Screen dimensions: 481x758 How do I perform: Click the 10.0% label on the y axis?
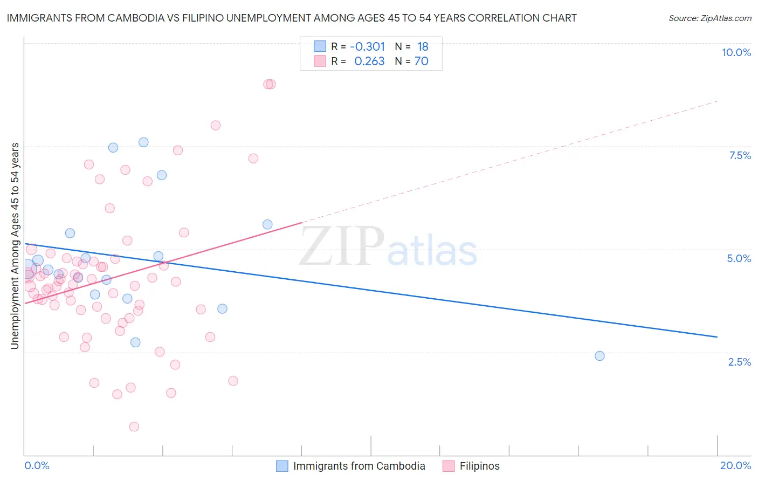click(x=736, y=52)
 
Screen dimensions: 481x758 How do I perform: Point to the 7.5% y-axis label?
click(x=740, y=155)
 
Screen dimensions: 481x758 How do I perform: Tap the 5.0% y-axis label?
click(x=739, y=258)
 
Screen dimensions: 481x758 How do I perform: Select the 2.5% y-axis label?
click(x=739, y=362)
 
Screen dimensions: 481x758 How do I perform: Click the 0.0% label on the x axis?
click(x=37, y=465)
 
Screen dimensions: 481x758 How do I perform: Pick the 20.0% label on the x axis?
click(x=735, y=465)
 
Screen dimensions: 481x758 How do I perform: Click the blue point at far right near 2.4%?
click(x=599, y=356)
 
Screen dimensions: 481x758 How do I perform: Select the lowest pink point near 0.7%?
click(x=134, y=427)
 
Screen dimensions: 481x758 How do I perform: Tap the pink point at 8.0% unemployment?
click(x=216, y=126)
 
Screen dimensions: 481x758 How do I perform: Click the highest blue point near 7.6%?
click(x=143, y=142)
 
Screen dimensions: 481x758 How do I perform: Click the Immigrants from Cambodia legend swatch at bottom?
click(x=282, y=466)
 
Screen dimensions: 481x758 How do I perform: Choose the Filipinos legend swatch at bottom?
click(x=449, y=466)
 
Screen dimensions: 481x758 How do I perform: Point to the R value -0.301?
click(x=367, y=47)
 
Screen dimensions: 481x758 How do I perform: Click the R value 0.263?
click(x=369, y=61)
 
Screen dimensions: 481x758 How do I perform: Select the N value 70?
click(x=421, y=61)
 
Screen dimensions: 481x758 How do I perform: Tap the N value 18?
click(x=423, y=47)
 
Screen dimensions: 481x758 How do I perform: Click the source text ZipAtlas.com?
click(x=709, y=18)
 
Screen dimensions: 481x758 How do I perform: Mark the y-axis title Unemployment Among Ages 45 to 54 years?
click(x=15, y=246)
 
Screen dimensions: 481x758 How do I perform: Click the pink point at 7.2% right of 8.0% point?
click(x=253, y=159)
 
